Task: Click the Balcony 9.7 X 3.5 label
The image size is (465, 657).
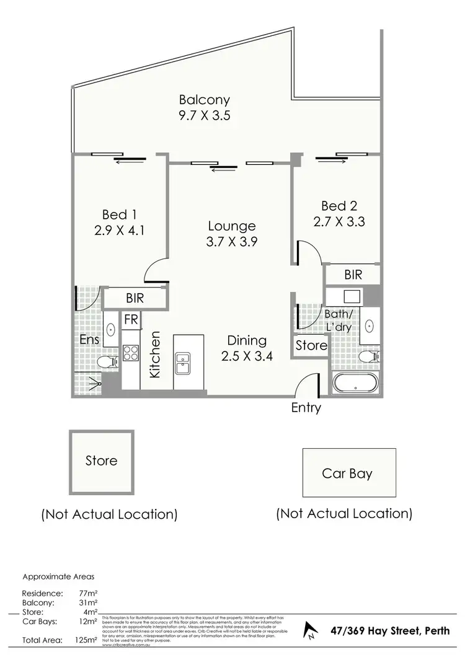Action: point(205,107)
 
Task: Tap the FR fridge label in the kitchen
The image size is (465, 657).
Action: point(131,320)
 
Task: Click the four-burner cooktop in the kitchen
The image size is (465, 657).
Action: point(131,353)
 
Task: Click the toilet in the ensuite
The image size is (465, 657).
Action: point(109,361)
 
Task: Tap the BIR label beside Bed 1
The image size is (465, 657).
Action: point(135,298)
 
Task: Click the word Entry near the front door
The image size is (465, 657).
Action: point(306,408)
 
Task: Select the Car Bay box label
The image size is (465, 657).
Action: point(347,474)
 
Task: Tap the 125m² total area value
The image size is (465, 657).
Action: point(86,640)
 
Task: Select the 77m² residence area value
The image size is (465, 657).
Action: point(87,593)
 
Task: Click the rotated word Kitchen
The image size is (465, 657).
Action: point(155,355)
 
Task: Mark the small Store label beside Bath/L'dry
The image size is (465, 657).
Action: point(311,345)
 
